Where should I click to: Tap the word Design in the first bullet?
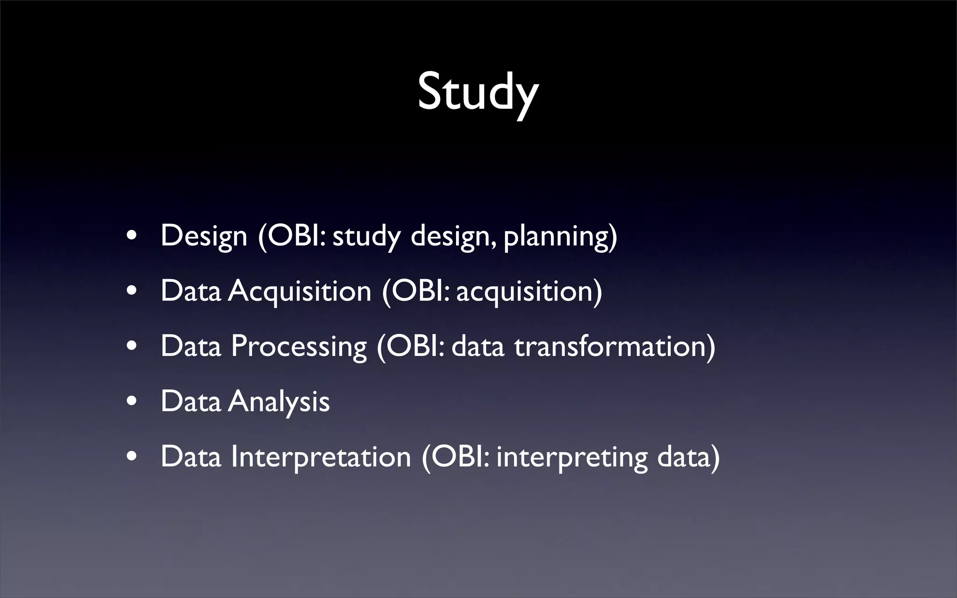click(x=204, y=235)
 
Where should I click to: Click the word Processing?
click(x=299, y=346)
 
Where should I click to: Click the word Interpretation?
click(x=321, y=456)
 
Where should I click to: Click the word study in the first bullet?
click(x=367, y=236)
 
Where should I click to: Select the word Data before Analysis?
click(x=191, y=401)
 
